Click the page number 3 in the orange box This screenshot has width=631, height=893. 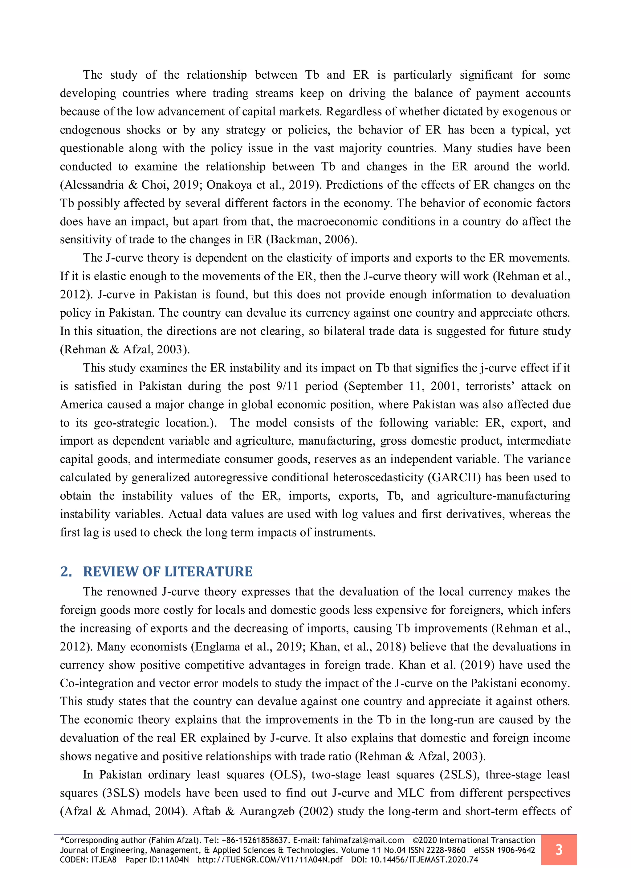coord(558,850)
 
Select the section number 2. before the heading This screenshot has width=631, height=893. coord(66,571)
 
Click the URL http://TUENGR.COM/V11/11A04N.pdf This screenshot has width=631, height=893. coord(270,860)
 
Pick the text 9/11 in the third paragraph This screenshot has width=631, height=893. coord(287,386)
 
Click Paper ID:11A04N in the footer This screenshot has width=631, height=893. coord(157,860)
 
